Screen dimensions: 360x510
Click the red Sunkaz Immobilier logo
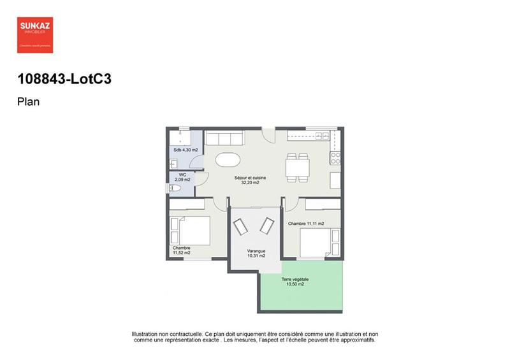click(35, 35)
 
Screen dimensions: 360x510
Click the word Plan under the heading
click(29, 101)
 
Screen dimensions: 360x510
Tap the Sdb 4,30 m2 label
click(186, 150)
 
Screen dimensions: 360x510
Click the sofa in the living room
click(224, 139)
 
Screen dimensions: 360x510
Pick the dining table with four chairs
click(297, 167)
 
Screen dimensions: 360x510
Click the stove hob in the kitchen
click(335, 157)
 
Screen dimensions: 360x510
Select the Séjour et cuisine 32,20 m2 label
click(250, 180)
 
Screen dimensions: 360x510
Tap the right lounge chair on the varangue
click(266, 226)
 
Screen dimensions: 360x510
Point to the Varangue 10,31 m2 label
click(256, 254)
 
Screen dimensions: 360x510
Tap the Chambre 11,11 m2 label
click(306, 224)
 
